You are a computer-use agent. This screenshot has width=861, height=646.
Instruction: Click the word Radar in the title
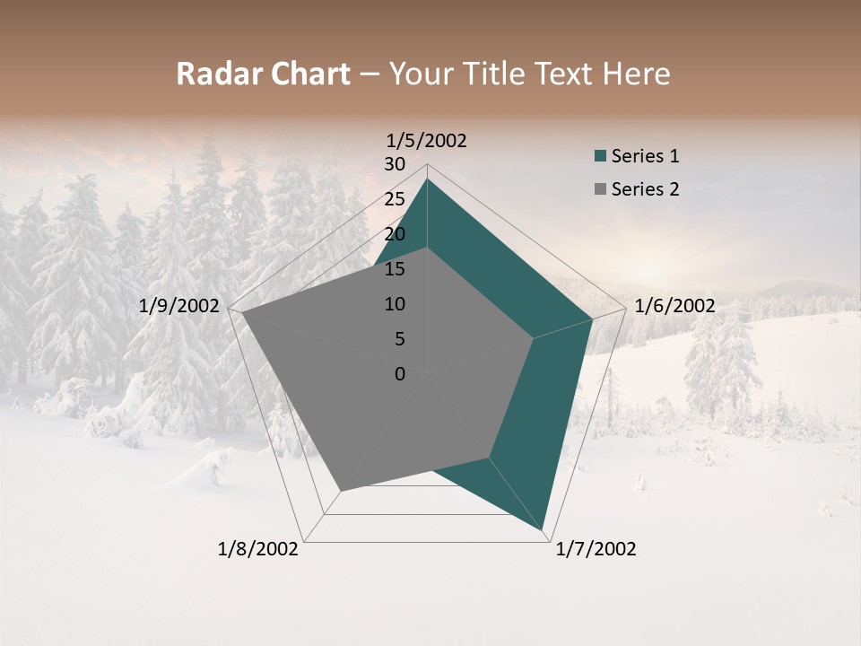pos(211,74)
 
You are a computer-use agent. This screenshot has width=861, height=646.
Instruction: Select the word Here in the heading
pos(637,74)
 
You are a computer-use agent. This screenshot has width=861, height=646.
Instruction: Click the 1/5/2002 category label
pos(427,141)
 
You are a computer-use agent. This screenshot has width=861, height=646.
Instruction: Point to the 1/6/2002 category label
pos(674,306)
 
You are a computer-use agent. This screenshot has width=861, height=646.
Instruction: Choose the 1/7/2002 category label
pos(596,549)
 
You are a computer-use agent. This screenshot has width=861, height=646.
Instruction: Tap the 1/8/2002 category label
pos(258,549)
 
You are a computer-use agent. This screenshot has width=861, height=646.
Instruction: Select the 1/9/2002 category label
pos(179,306)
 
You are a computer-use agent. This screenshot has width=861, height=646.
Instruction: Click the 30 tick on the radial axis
pos(395,164)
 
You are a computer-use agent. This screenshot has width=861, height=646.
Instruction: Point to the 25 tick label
pos(395,199)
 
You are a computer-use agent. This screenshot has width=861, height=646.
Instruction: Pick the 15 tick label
pos(395,269)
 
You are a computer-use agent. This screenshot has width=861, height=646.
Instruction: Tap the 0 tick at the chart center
pos(400,374)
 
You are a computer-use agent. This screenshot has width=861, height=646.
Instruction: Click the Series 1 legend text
pos(645,156)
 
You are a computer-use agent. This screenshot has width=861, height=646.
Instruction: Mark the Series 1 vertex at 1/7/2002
pos(544,531)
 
